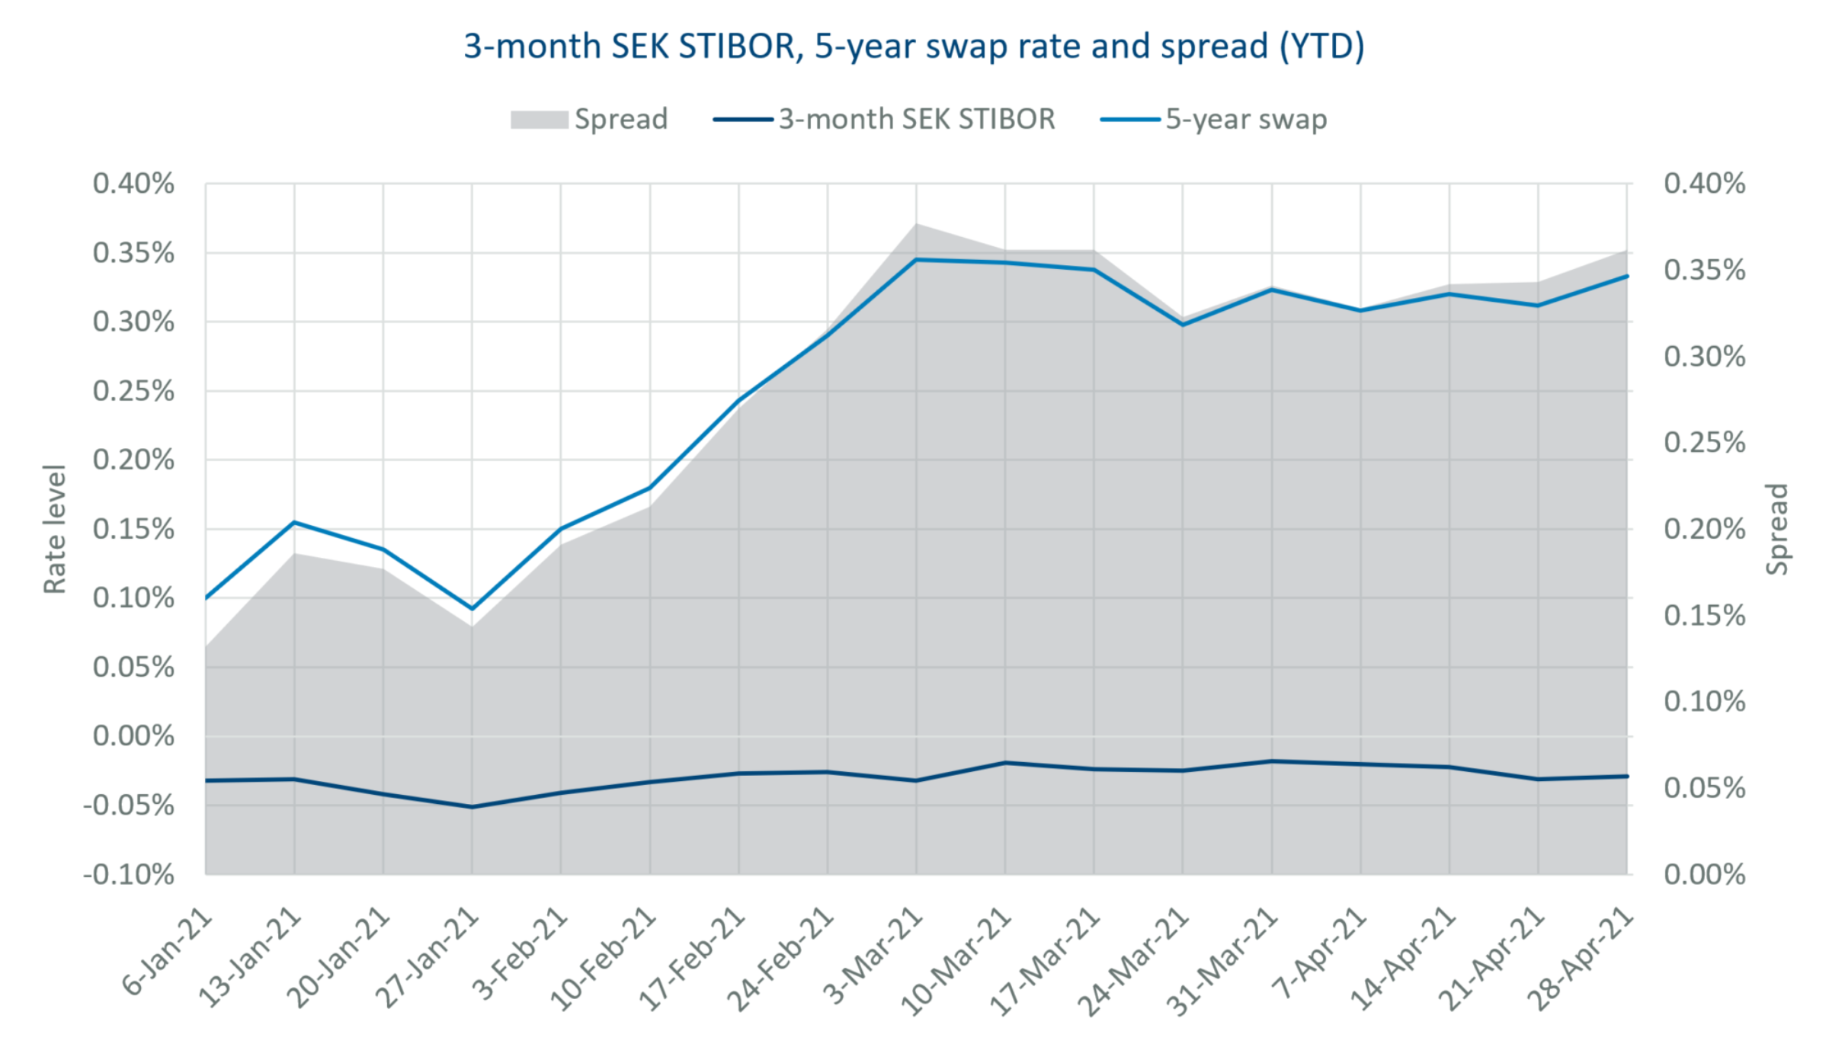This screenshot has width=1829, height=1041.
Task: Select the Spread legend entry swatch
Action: click(540, 120)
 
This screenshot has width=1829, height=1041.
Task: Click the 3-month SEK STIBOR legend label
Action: click(916, 120)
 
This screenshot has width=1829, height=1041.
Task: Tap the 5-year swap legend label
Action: click(1246, 120)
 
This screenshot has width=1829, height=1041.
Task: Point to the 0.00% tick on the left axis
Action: click(133, 736)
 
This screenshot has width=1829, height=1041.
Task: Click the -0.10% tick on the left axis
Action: click(130, 874)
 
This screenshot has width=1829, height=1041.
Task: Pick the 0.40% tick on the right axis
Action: click(1704, 184)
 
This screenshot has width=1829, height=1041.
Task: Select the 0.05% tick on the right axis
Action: click(1704, 788)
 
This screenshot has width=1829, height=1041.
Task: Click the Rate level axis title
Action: click(55, 529)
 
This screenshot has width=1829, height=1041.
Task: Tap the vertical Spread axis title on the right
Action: click(1777, 529)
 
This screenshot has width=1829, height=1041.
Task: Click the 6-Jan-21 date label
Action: click(168, 953)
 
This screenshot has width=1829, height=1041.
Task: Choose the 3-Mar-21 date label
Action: click(874, 956)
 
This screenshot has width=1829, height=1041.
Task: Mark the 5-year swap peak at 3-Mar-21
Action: click(917, 260)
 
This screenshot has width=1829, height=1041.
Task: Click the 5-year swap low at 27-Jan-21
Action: click(472, 608)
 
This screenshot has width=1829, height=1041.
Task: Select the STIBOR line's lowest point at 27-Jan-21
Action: click(472, 806)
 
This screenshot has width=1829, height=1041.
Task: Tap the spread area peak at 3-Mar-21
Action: click(917, 224)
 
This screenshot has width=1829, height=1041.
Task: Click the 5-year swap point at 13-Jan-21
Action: click(294, 523)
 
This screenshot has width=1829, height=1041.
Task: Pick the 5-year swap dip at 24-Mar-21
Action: click(1183, 325)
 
